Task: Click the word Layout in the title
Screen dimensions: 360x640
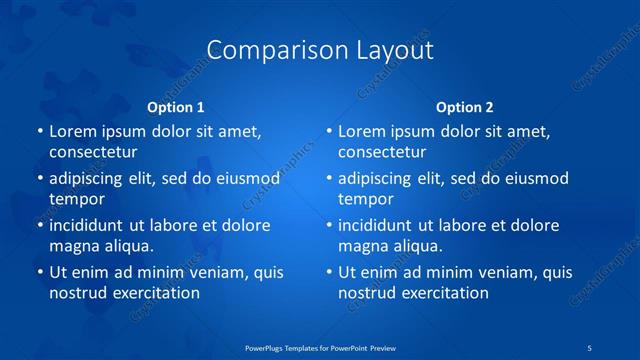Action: click(392, 50)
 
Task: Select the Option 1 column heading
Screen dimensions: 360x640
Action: click(176, 107)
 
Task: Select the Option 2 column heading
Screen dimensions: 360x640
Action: click(465, 107)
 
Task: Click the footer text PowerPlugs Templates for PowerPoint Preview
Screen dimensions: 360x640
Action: click(320, 347)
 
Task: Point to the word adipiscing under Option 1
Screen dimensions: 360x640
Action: click(92, 179)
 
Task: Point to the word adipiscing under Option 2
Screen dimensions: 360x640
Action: click(381, 179)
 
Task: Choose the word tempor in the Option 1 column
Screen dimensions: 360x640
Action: click(75, 199)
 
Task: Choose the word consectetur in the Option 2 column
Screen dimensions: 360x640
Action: click(382, 152)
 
